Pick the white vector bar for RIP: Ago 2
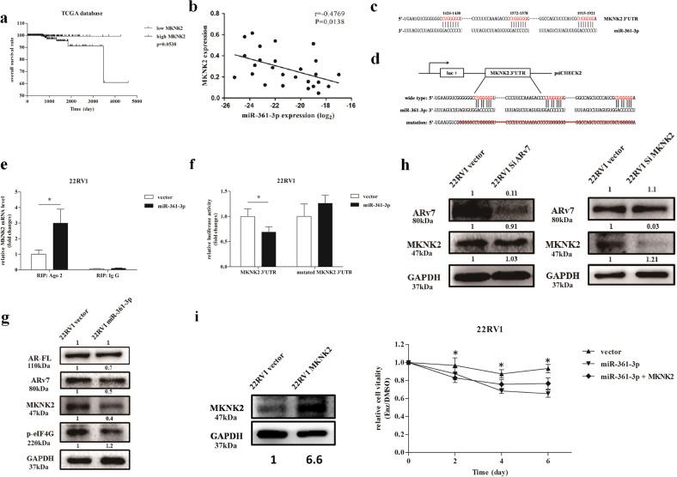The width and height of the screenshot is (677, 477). tap(38, 259)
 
